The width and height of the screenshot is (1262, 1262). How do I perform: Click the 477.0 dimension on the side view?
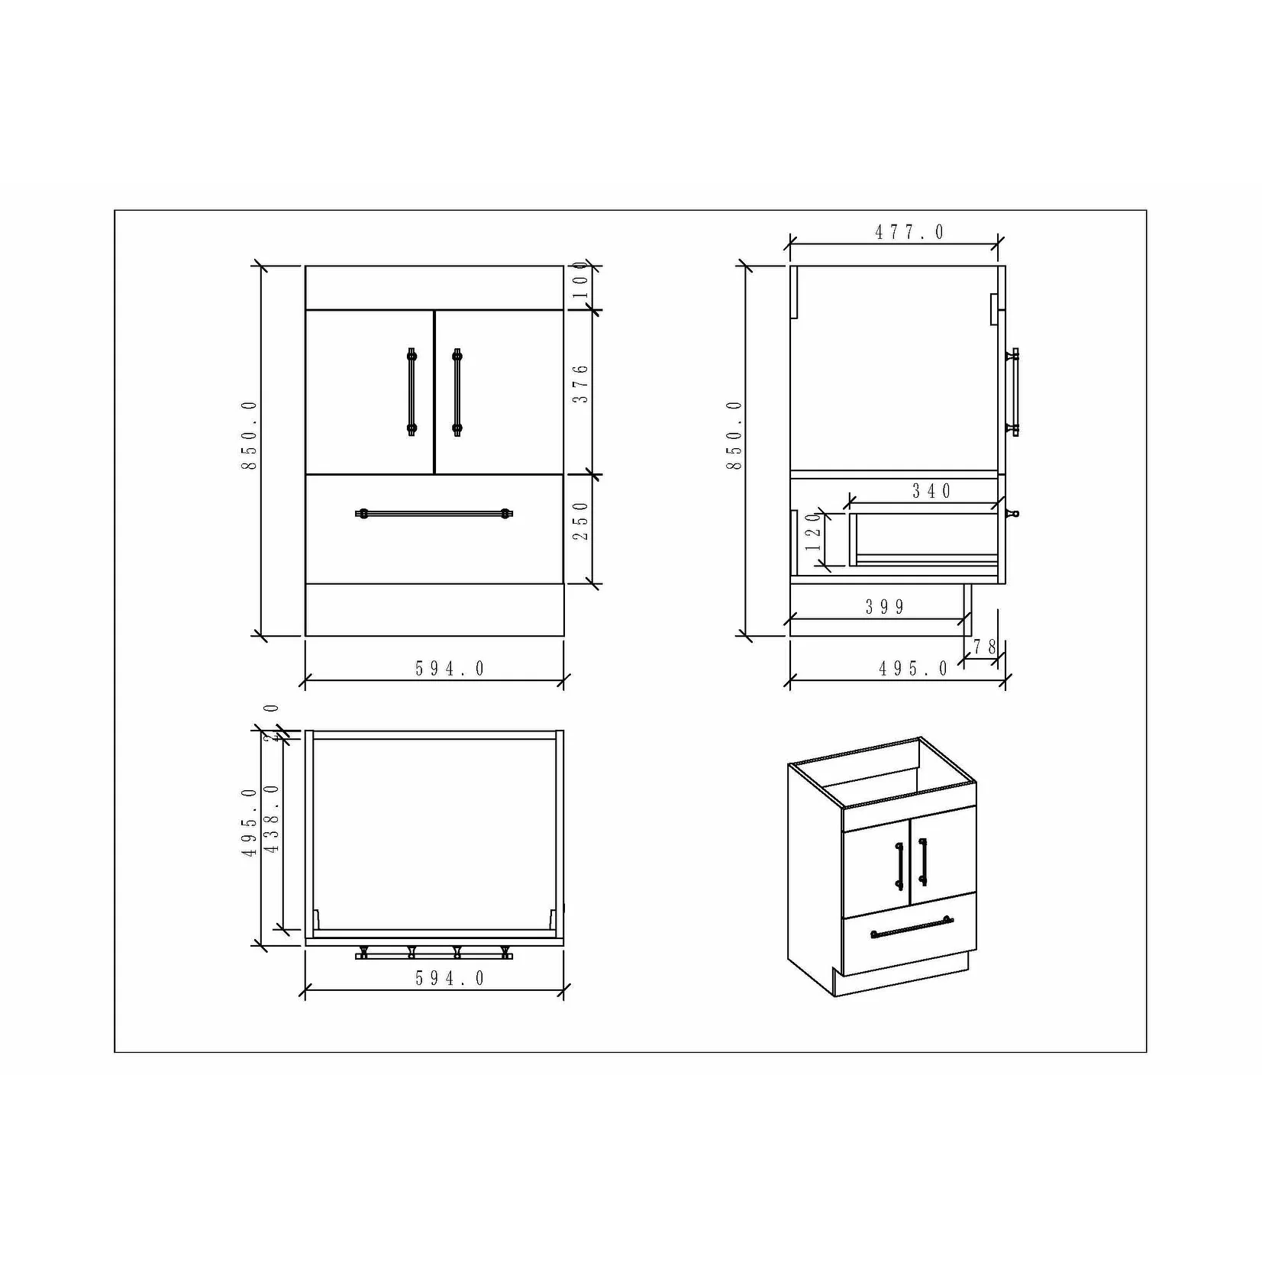(x=909, y=232)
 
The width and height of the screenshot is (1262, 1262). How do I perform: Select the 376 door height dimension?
(x=581, y=384)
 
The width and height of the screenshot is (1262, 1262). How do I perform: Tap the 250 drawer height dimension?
(x=581, y=521)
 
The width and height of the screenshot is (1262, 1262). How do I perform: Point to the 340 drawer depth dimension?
(x=932, y=491)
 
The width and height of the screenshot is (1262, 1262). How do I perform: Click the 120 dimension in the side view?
(x=814, y=531)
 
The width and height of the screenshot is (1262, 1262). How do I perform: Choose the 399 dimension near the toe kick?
(x=885, y=607)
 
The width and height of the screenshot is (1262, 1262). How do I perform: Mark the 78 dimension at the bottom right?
(x=985, y=647)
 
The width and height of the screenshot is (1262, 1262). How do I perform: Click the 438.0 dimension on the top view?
(x=272, y=819)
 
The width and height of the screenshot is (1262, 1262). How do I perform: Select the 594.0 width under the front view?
(x=450, y=669)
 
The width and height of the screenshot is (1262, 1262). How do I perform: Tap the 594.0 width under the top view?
(x=450, y=979)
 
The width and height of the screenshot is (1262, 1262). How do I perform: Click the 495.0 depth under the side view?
(x=913, y=669)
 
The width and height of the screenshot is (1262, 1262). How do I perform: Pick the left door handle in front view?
(x=412, y=392)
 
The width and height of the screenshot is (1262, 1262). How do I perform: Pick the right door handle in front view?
(x=457, y=392)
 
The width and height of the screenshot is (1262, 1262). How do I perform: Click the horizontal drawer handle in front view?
(x=434, y=514)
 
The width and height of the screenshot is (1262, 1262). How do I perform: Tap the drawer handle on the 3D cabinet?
(x=912, y=926)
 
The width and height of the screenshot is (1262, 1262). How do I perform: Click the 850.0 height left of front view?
(x=250, y=435)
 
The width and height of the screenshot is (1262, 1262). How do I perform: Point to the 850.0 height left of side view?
(x=734, y=435)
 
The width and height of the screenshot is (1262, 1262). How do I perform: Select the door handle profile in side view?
(x=1014, y=392)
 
